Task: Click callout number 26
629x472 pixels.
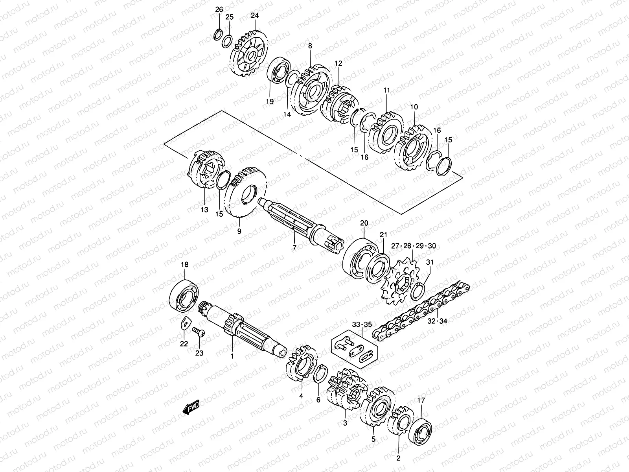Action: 219,9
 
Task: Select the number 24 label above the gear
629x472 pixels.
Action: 255,16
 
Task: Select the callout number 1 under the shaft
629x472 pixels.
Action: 232,356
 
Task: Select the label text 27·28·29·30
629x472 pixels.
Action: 414,246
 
